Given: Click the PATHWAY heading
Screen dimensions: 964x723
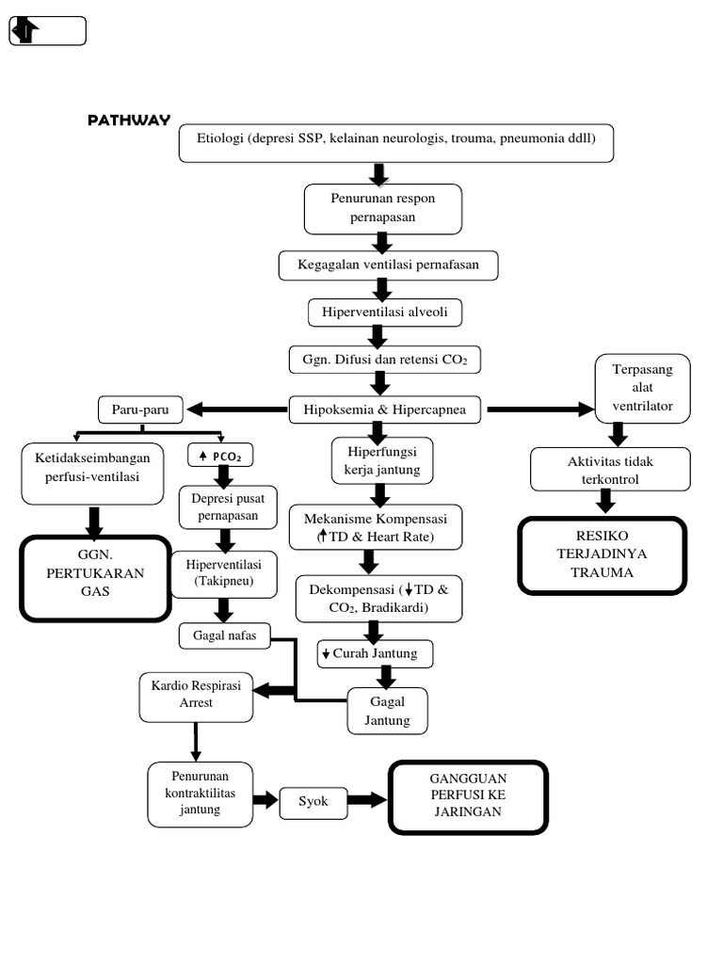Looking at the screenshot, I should tap(129, 120).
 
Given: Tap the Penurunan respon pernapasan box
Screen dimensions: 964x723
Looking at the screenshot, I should tap(382, 208).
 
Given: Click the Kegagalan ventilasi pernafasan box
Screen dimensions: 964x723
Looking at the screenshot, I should tap(388, 265).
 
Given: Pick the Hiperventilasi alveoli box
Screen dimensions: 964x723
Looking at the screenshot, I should tap(386, 311).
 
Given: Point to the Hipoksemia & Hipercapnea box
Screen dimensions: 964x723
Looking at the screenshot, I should tap(386, 410).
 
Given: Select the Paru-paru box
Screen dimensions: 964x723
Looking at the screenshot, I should tap(140, 410).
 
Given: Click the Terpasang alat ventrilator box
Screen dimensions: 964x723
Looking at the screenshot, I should tap(642, 387).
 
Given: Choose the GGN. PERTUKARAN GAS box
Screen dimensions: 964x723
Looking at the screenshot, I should tap(94, 577).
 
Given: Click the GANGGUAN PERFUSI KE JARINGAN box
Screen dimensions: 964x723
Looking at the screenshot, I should tap(468, 797).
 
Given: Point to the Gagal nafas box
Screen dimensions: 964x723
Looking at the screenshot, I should tap(224, 636).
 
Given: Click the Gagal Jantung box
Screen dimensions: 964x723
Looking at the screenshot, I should tap(387, 712).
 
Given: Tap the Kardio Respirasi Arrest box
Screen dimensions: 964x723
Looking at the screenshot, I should tap(196, 694).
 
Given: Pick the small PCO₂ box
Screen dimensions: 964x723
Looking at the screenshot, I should tap(220, 456).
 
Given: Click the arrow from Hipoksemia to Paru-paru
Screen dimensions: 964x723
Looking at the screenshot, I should tap(236, 410).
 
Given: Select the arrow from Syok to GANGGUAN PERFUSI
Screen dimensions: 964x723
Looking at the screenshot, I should tap(367, 800).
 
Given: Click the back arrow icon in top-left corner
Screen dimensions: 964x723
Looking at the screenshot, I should tap(25, 31).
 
